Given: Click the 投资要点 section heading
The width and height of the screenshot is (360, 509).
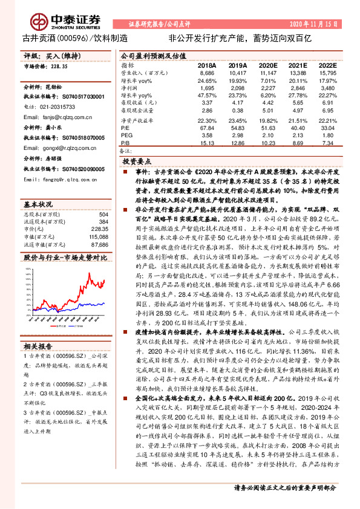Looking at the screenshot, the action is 136,163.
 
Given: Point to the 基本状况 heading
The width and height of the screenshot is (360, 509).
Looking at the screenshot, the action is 38,204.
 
